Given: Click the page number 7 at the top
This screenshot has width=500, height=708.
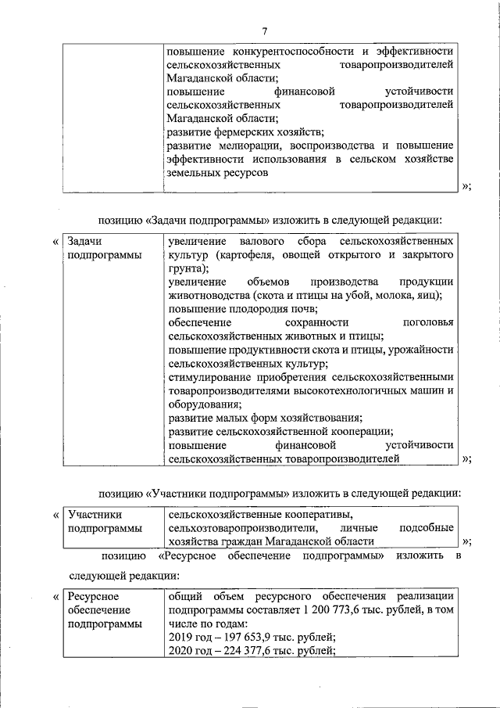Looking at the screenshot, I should [265, 31].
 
